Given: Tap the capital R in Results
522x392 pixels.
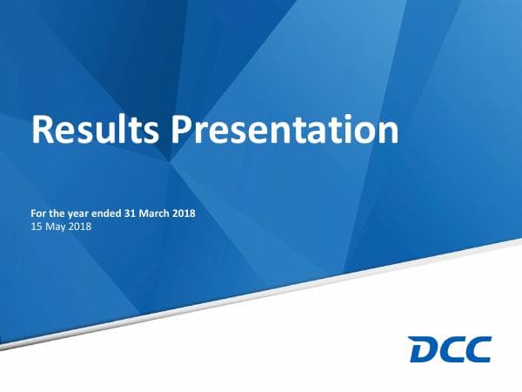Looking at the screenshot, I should pyautogui.click(x=43, y=129).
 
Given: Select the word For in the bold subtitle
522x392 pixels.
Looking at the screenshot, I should pyautogui.click(x=39, y=213).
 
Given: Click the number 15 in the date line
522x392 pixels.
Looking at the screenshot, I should pyautogui.click(x=36, y=227).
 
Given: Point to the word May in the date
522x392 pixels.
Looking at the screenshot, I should pyautogui.click(x=56, y=227).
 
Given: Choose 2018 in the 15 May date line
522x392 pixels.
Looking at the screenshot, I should pyautogui.click(x=79, y=227).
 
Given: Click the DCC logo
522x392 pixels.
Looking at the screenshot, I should pyautogui.click(x=450, y=349).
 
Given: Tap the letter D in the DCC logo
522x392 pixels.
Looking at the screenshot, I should pyautogui.click(x=424, y=349).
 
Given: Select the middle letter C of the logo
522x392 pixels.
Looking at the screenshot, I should pyautogui.click(x=451, y=349).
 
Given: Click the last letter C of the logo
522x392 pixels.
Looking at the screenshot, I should pyautogui.click(x=477, y=349).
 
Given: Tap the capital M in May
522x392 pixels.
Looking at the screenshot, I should pyautogui.click(x=50, y=227).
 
